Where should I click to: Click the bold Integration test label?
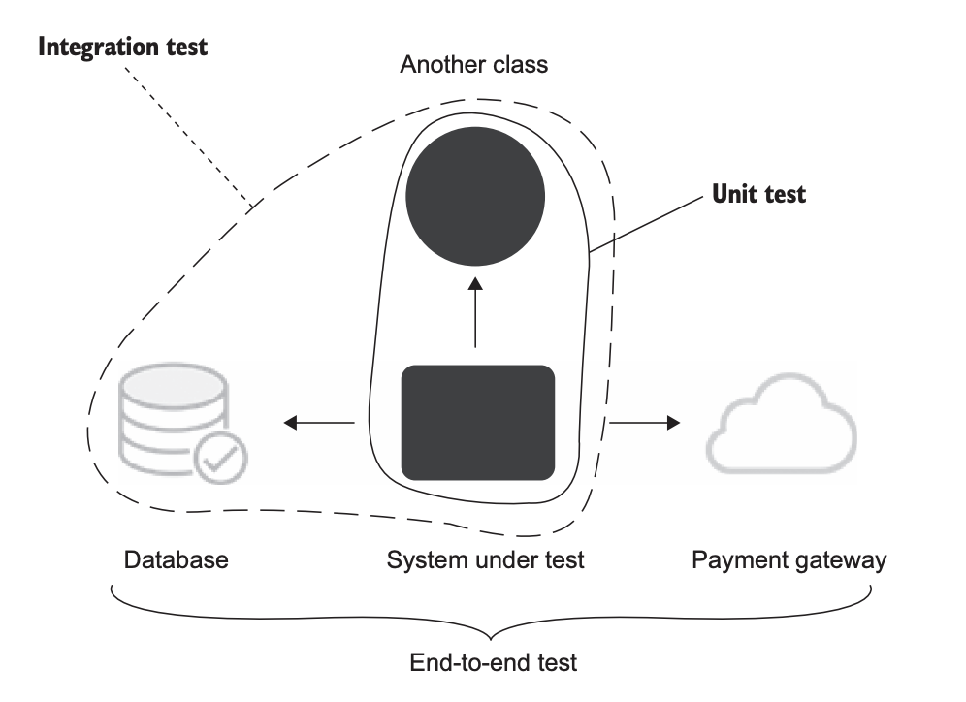[122, 47]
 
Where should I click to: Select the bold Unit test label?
[758, 194]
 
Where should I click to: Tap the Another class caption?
[474, 66]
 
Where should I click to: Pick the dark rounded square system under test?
[478, 423]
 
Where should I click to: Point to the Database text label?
[177, 559]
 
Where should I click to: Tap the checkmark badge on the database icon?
[221, 458]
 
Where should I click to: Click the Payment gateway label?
[789, 559]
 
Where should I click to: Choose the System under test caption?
[486, 559]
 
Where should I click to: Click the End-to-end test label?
[493, 663]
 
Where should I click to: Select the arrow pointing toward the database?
[319, 423]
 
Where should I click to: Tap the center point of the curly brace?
[493, 638]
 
